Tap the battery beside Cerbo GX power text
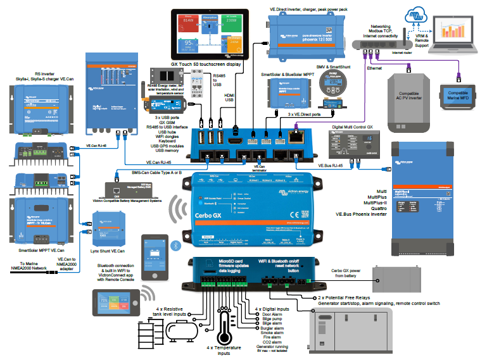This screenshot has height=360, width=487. [x=396, y=277]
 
